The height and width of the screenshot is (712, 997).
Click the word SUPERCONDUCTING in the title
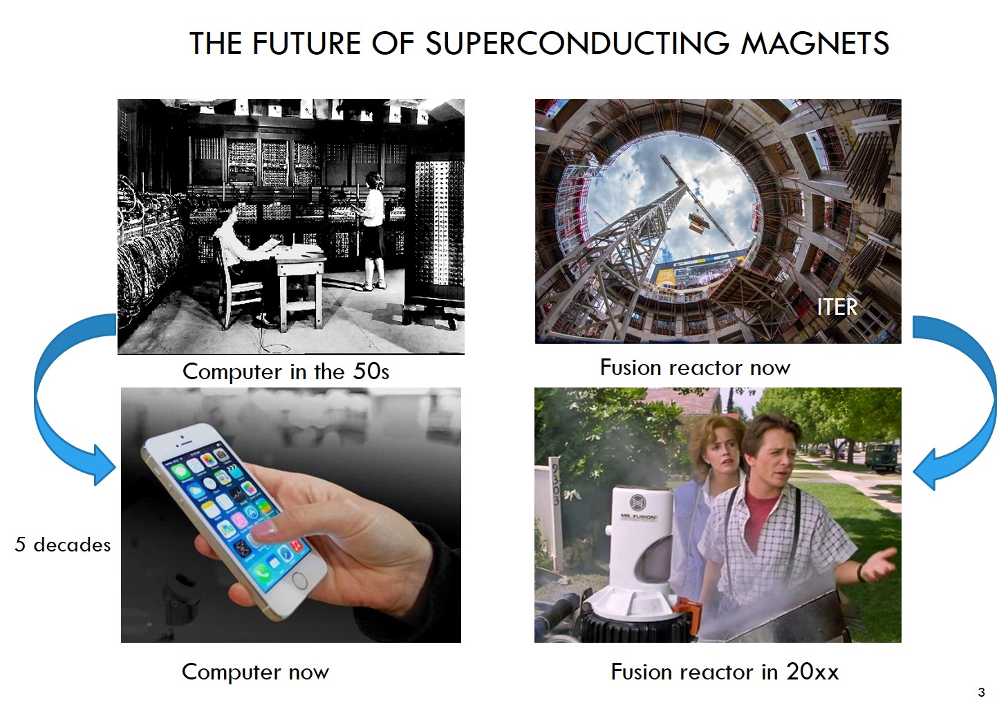[577, 44]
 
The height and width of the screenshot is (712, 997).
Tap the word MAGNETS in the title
[815, 44]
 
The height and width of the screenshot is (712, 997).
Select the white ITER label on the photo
[837, 307]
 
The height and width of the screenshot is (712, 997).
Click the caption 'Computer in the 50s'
[286, 371]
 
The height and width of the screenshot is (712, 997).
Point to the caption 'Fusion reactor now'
[696, 367]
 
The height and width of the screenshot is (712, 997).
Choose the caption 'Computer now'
[256, 671]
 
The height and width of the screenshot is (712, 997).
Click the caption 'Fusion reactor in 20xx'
[725, 671]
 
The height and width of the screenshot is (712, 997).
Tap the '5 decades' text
[63, 545]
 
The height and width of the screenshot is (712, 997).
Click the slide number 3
[981, 692]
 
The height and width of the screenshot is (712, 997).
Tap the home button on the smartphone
[299, 581]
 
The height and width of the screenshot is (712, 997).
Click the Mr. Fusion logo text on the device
[638, 517]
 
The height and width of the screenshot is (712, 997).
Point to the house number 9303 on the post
[556, 484]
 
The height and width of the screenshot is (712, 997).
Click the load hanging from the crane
[699, 222]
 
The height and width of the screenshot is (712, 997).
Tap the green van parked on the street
[882, 456]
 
